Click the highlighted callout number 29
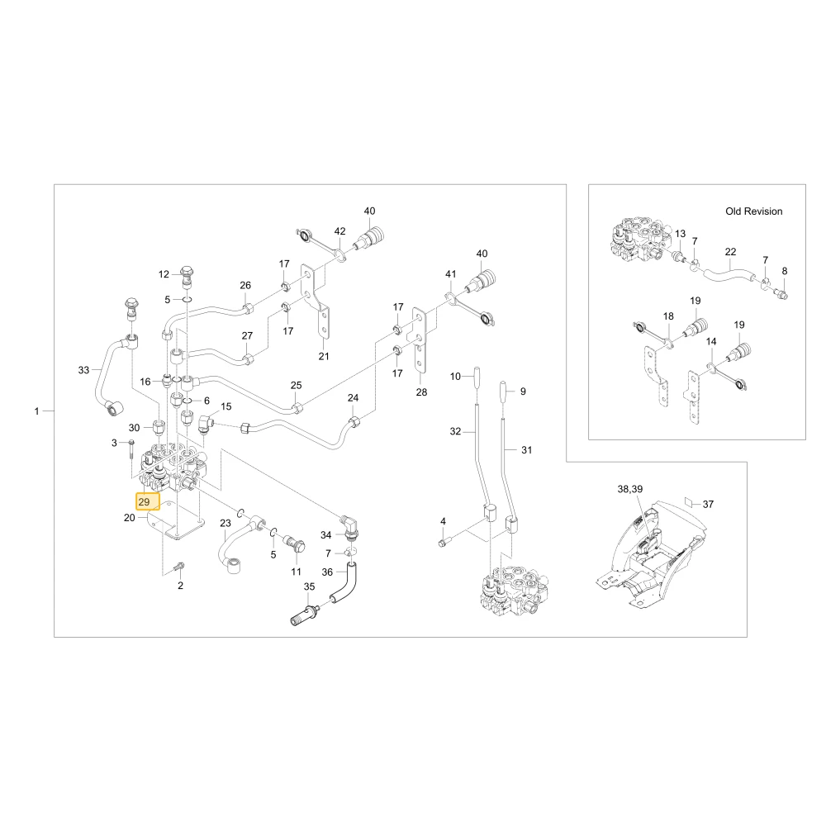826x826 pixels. [144, 502]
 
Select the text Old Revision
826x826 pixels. [754, 211]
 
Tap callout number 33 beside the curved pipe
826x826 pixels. [83, 370]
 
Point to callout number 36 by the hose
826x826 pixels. [327, 572]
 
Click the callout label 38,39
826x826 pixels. [630, 489]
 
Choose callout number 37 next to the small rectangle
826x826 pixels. [708, 504]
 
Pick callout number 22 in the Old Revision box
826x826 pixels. [730, 252]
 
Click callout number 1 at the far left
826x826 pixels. [37, 411]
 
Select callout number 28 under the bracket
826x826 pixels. [421, 392]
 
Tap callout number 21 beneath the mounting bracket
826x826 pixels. [324, 356]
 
